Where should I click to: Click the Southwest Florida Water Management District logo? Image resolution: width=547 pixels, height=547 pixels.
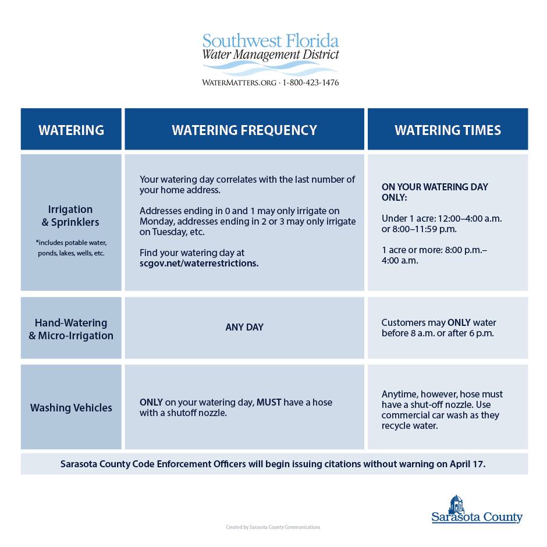pos(271,54)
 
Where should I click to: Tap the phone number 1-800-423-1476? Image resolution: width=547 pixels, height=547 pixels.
pos(310,83)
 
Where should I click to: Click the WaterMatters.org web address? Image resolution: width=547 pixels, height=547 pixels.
pos(239,83)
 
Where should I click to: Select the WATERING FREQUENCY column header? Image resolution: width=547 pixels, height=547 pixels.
pos(244,130)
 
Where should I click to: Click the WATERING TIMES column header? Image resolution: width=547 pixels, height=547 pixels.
pos(447,130)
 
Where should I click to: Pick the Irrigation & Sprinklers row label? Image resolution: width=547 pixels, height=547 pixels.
pos(70,215)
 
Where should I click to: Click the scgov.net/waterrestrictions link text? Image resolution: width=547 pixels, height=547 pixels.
pos(199,263)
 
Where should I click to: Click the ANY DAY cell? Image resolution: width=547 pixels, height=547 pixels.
pos(244,328)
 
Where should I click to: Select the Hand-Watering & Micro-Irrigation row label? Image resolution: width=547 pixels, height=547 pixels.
pos(70,329)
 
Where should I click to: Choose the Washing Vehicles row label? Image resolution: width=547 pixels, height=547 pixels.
pos(71,407)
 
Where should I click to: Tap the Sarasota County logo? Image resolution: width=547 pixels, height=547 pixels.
pos(477,510)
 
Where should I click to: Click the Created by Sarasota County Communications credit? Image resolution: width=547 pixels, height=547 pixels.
pos(273,527)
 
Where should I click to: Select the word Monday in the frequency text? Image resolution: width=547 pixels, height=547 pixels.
pos(155,222)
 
